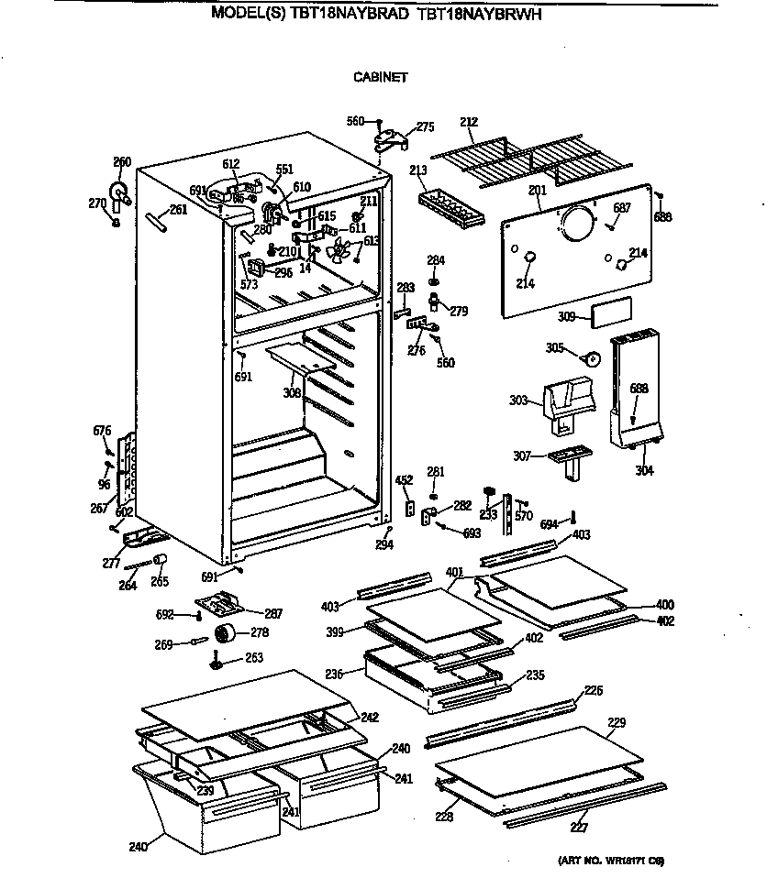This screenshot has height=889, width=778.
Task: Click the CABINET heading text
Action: tap(380, 78)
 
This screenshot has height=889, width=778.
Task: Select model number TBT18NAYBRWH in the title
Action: tap(485, 13)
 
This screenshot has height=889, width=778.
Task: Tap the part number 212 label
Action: tap(469, 121)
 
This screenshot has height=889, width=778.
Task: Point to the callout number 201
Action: tap(538, 190)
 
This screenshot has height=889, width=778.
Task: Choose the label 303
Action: tap(517, 401)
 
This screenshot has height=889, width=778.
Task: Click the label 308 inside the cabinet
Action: tap(291, 392)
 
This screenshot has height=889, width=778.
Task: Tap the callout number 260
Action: tap(122, 162)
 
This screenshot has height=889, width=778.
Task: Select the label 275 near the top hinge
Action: tap(425, 127)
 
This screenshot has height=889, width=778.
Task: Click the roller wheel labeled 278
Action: tap(223, 632)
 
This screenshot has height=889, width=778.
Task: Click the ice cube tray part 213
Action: tap(449, 210)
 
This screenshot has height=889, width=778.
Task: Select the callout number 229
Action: tap(617, 724)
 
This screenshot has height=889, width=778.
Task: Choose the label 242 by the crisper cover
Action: tap(369, 718)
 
